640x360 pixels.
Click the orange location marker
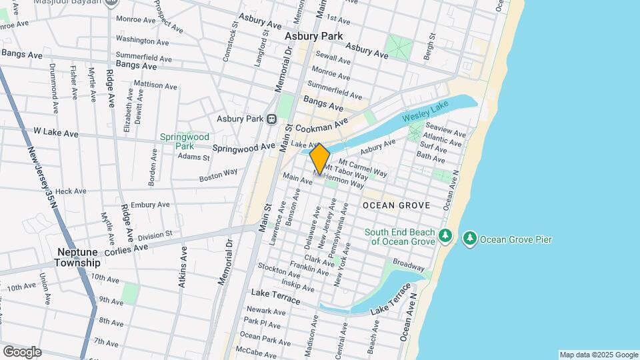pos(320,159)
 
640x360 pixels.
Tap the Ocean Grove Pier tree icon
pos(470,238)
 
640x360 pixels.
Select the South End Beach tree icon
pos(446,236)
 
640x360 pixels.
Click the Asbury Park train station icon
pos(271,119)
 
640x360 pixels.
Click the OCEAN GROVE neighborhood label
pos(397,205)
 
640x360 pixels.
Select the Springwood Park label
pos(177,141)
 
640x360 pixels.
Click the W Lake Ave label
pos(56,133)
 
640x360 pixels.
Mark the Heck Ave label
pos(71,191)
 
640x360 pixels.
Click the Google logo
pos(22,352)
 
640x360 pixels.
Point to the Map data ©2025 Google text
pos(598,355)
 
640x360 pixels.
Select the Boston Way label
pos(219,175)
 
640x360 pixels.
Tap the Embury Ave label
pos(152,205)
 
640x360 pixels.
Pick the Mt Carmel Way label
pos(363,167)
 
